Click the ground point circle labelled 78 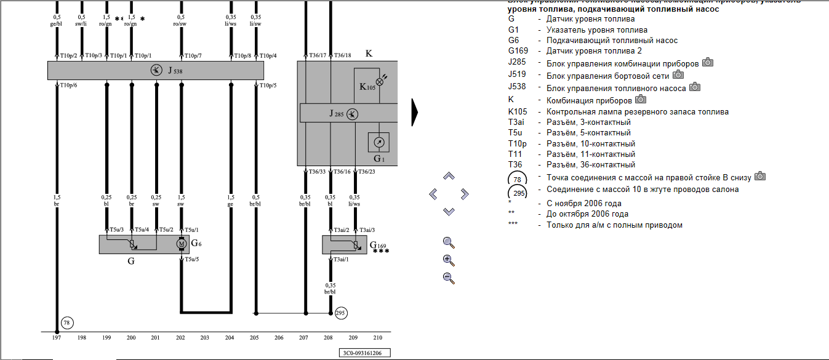(67, 322)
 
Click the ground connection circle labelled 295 (341, 314)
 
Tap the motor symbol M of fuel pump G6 (181, 244)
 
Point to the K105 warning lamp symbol (379, 81)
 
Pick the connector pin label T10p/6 (68, 86)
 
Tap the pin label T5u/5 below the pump (193, 259)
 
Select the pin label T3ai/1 (340, 260)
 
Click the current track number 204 (230, 338)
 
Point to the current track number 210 (377, 338)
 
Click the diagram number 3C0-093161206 (365, 353)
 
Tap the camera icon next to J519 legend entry (678, 74)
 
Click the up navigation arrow (449, 177)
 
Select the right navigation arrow (465, 194)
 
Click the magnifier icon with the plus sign (449, 260)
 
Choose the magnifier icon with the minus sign (449, 278)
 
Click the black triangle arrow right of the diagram (415, 112)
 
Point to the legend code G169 (519, 51)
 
